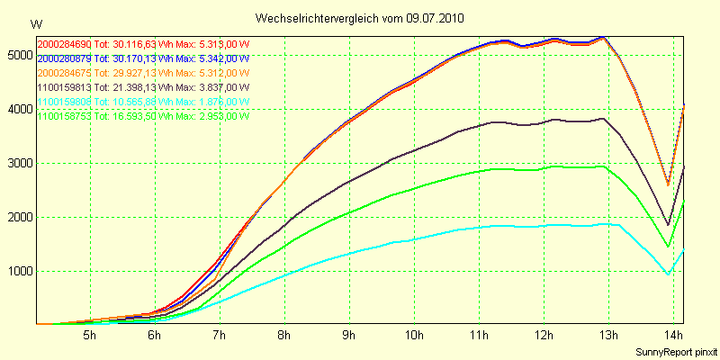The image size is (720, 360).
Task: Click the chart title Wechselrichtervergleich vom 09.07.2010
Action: click(361, 18)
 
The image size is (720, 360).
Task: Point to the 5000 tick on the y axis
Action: click(17, 55)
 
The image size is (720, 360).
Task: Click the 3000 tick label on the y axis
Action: click(17, 163)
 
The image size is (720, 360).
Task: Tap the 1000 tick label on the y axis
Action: click(17, 271)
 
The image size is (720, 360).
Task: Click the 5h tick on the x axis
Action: click(89, 336)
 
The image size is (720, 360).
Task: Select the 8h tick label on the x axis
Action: click(284, 336)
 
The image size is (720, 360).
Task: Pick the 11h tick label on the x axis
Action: click(479, 336)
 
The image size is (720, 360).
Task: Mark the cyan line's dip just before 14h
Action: click(667, 274)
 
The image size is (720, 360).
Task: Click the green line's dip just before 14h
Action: click(667, 246)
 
